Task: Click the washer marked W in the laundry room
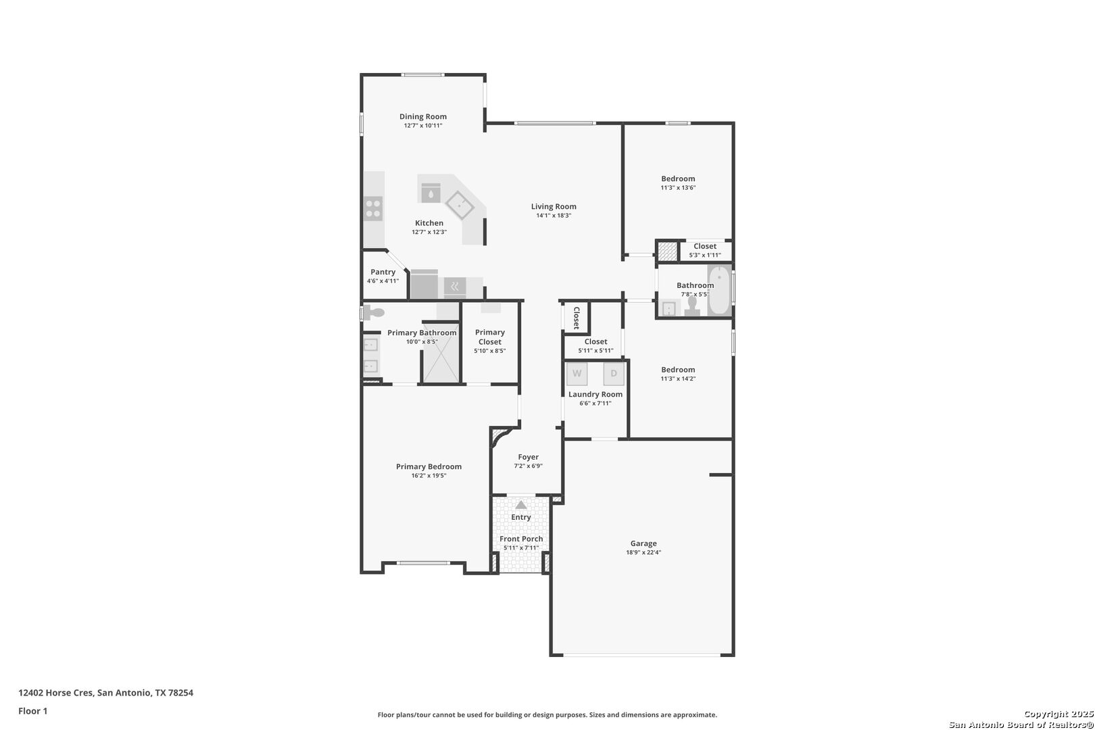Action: coord(577,374)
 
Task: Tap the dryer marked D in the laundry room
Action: coord(614,374)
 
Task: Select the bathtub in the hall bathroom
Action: coord(720,289)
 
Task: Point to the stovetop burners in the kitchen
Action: coord(373,208)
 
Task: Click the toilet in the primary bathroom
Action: coord(374,312)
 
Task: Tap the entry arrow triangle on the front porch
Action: coord(521,505)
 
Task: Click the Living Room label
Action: coord(554,206)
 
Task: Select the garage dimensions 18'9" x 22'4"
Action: coord(643,552)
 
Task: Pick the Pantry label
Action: coord(383,272)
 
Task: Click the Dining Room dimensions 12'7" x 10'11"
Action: coord(423,126)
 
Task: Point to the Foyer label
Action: coord(528,457)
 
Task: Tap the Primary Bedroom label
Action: coord(429,466)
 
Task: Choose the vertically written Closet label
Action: coord(577,318)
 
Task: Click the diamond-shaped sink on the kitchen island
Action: coord(460,205)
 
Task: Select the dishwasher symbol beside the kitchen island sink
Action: coord(431,193)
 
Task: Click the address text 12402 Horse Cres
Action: coord(55,693)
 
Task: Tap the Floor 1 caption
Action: coord(32,711)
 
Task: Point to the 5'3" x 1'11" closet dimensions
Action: coord(705,255)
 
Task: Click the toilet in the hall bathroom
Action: coord(692,306)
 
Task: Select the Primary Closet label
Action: coord(490,337)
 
